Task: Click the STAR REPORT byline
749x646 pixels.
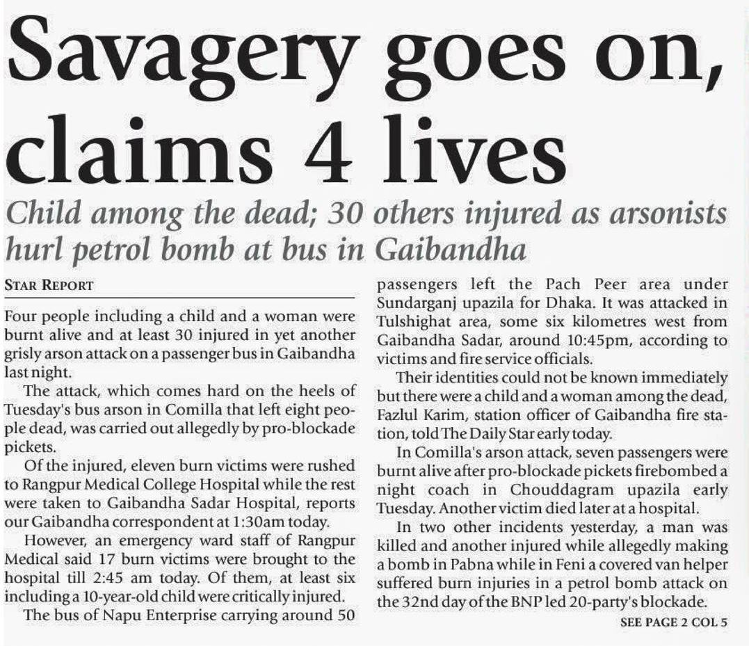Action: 49,286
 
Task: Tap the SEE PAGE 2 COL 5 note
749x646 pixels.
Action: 673,623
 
